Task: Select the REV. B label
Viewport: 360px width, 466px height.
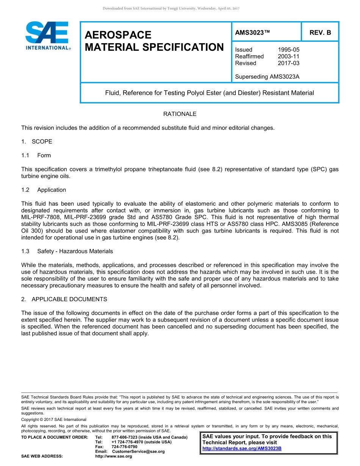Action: click(320, 33)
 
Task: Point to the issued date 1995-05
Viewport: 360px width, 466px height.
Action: click(288, 50)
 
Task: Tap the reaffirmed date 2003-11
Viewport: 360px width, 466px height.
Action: click(288, 56)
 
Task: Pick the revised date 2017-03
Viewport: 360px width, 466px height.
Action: click(288, 63)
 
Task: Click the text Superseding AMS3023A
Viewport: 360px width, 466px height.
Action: click(267, 77)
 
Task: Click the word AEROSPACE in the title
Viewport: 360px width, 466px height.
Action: click(118, 35)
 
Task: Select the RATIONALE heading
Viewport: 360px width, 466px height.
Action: click(180, 114)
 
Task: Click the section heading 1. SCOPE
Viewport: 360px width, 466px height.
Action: click(37, 142)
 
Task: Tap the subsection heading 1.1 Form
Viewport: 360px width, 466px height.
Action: click(36, 155)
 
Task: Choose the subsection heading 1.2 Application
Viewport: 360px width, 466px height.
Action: click(44, 190)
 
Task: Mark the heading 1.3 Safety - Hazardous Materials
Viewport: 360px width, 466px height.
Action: click(67, 251)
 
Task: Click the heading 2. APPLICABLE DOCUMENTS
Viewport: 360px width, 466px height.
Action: click(64, 299)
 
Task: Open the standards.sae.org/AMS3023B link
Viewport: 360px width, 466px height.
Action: click(242, 449)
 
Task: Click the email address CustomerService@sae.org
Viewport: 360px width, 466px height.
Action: click(138, 452)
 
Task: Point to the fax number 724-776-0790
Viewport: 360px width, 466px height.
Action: click(125, 447)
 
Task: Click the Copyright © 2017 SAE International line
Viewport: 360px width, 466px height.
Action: click(54, 420)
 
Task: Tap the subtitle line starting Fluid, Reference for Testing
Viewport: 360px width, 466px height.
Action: click(209, 93)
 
